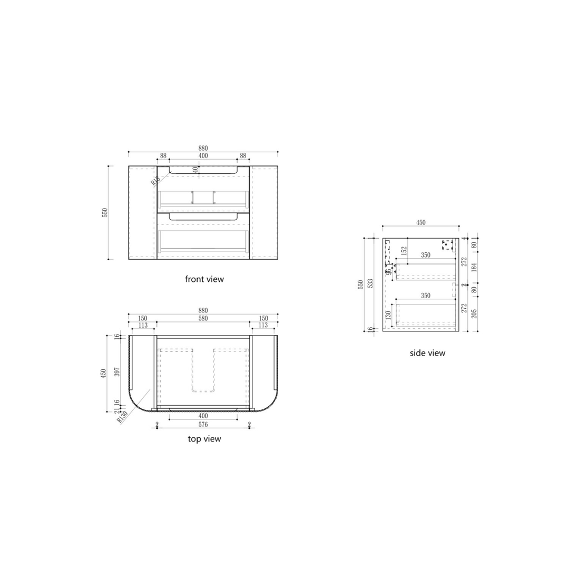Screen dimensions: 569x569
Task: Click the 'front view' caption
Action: pyautogui.click(x=204, y=279)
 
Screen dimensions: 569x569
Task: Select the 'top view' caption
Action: pyautogui.click(x=204, y=439)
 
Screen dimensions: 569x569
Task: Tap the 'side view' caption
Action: pyautogui.click(x=427, y=353)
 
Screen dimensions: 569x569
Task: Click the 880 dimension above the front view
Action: pyautogui.click(x=203, y=148)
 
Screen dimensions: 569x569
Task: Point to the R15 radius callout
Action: pyautogui.click(x=155, y=181)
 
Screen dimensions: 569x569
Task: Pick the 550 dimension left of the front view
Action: pyautogui.click(x=105, y=212)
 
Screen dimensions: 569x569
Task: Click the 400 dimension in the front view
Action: pyautogui.click(x=203, y=156)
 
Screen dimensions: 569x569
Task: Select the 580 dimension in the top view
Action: pyautogui.click(x=203, y=318)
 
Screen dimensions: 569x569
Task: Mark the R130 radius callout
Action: pyautogui.click(x=123, y=417)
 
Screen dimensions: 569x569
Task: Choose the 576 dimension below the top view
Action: pyautogui.click(x=203, y=424)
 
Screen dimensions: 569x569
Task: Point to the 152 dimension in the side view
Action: pyautogui.click(x=404, y=251)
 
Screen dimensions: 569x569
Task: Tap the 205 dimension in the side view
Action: pyautogui.click(x=474, y=315)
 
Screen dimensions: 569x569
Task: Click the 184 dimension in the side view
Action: pyautogui.click(x=474, y=268)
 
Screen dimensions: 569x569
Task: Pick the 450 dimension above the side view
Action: pyautogui.click(x=420, y=223)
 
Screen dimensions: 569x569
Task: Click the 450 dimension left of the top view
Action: pyautogui.click(x=105, y=372)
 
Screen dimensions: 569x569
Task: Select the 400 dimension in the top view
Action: pyautogui.click(x=203, y=416)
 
